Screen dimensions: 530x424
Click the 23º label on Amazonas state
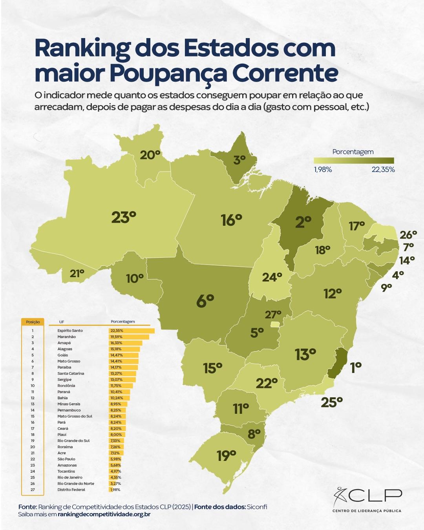pyautogui.click(x=124, y=217)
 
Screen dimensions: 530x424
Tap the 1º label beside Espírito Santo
pyautogui.click(x=356, y=367)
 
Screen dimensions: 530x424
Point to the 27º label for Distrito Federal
pyautogui.click(x=273, y=314)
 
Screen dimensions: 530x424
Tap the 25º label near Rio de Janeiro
pyautogui.click(x=332, y=402)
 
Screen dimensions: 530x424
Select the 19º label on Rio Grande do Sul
pyautogui.click(x=227, y=456)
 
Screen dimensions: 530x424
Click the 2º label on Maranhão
pyautogui.click(x=303, y=222)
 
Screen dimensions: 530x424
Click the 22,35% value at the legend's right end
pyautogui.click(x=383, y=170)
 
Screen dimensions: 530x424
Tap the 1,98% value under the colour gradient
pyautogui.click(x=323, y=170)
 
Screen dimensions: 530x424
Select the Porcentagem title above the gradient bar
pyautogui.click(x=353, y=152)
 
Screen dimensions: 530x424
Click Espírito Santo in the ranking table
pyautogui.click(x=70, y=331)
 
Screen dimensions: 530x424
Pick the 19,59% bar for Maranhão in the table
pyautogui.click(x=129, y=337)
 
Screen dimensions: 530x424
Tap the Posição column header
pyautogui.click(x=33, y=322)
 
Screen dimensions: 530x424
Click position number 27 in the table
pyautogui.click(x=33, y=490)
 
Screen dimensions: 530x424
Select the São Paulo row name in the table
pyautogui.click(x=66, y=459)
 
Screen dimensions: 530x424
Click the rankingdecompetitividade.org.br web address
pyautogui.click(x=104, y=514)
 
